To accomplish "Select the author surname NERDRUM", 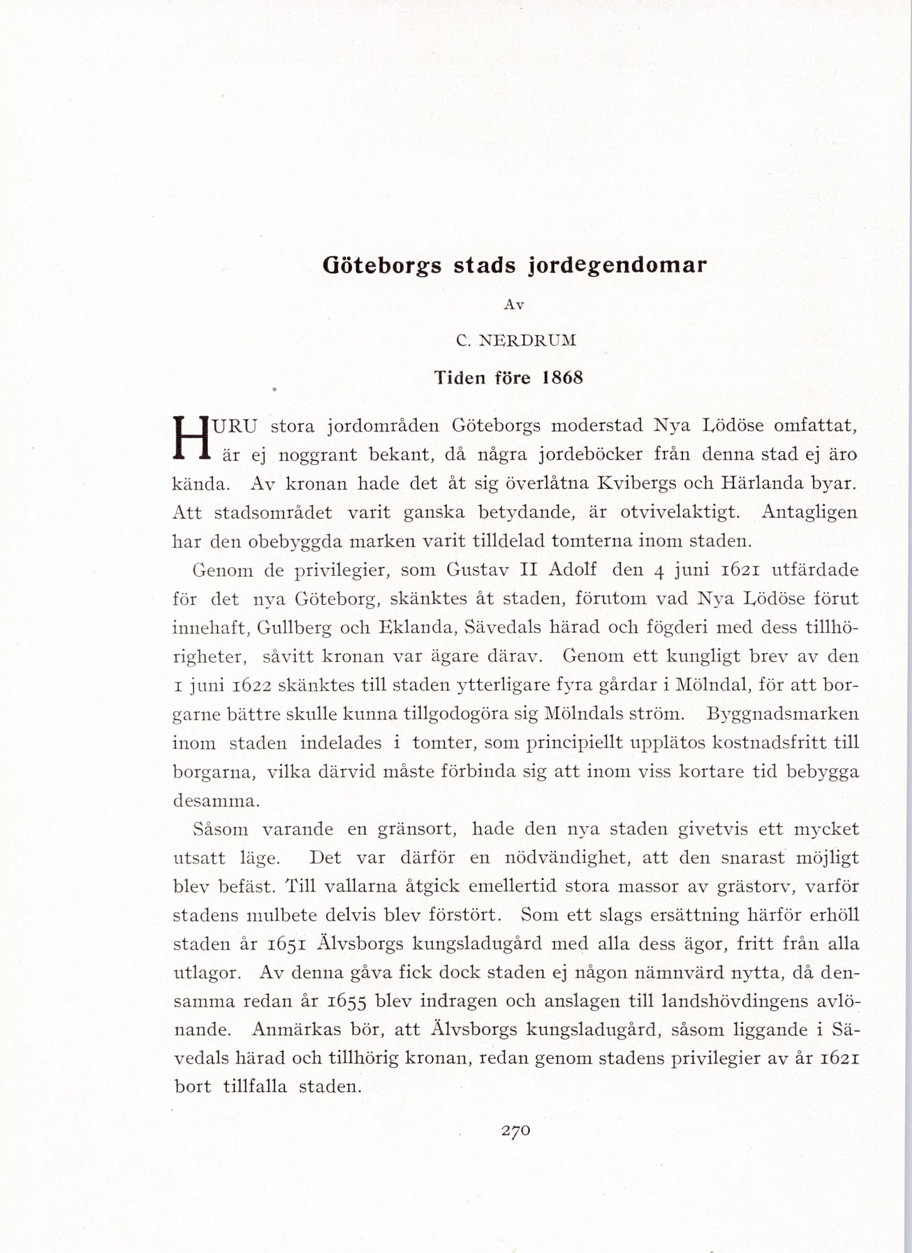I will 527,341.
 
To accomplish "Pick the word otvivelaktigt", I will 679,512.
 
